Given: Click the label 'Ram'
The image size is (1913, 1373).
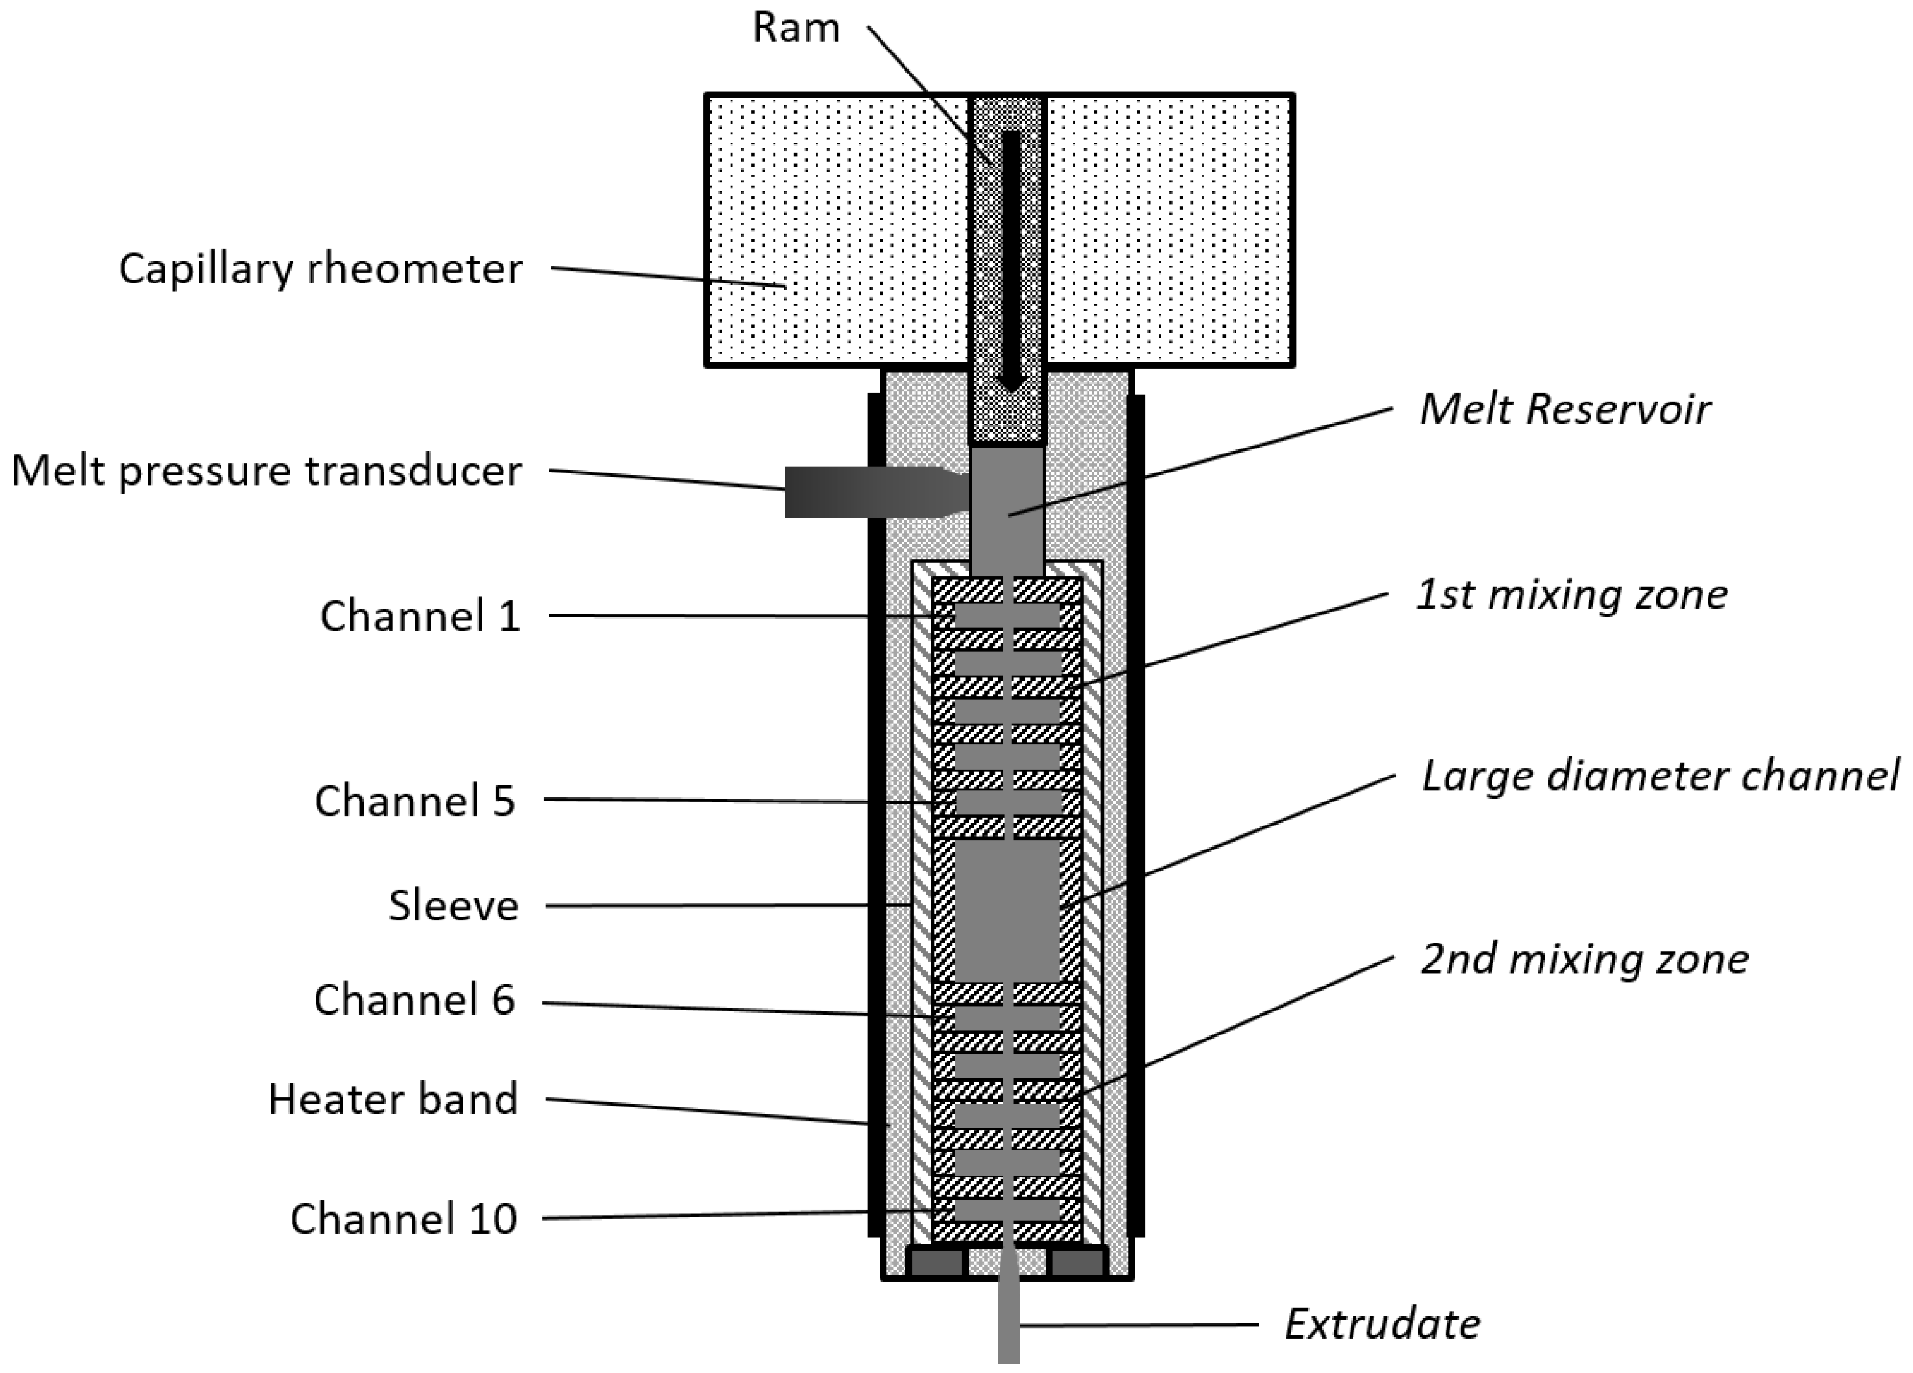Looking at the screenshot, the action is [x=795, y=28].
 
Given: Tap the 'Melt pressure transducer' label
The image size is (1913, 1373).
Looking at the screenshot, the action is [x=266, y=470].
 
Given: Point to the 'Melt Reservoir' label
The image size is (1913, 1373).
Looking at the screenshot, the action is [x=1565, y=409].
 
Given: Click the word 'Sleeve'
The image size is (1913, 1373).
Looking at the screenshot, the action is [x=454, y=906].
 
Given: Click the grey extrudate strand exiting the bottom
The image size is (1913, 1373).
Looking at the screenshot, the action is [x=1009, y=1305].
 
